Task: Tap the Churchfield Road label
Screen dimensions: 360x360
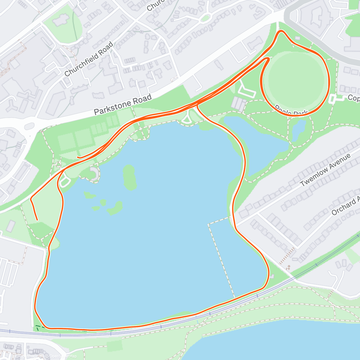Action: (x=89, y=59)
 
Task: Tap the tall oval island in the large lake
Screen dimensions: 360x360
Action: (x=129, y=177)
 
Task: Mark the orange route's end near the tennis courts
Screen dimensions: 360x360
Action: (x=78, y=157)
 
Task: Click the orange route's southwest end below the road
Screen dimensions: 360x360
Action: (x=37, y=220)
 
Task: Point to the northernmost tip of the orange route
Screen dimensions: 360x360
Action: (x=281, y=31)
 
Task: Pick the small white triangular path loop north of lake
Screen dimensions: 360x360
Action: (x=187, y=119)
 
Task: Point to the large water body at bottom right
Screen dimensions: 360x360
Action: (x=270, y=342)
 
